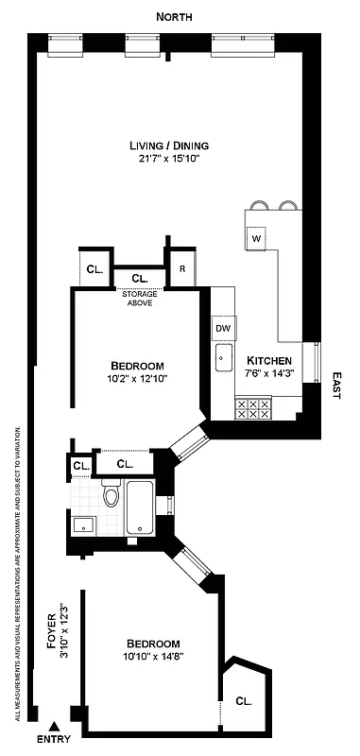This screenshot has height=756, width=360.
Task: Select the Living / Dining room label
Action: [x=169, y=146]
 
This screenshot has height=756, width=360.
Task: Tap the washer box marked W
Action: [x=256, y=239]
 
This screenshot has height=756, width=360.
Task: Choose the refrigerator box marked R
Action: [x=182, y=268]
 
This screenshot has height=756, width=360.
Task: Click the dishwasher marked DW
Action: [x=224, y=328]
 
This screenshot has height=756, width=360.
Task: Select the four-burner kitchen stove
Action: [x=253, y=407]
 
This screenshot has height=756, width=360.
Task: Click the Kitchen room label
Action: [x=268, y=361]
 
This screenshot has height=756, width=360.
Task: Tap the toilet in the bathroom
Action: [x=111, y=494]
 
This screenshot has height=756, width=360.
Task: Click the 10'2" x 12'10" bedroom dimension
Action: [x=137, y=379]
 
